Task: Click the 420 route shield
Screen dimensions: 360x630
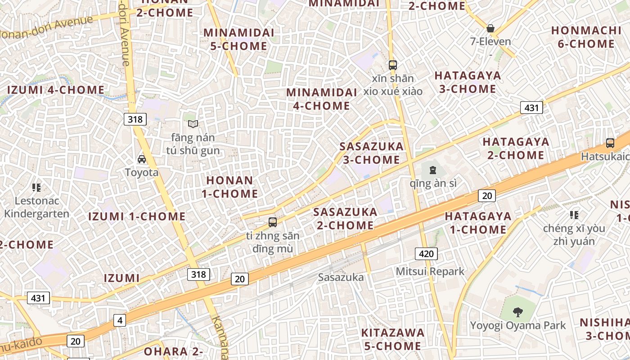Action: pos(426,254)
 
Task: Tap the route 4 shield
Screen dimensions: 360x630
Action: pos(119,320)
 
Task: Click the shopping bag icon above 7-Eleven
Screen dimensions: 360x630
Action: pos(490,28)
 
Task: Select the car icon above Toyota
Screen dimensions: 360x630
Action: pos(142,159)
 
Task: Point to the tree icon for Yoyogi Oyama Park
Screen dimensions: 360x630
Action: pos(518,312)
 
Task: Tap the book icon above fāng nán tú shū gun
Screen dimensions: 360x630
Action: pos(193,124)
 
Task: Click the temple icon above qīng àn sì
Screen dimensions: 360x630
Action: pos(432,170)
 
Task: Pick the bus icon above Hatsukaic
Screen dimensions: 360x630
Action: pos(610,143)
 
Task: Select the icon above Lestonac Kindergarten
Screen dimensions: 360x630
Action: pos(36,187)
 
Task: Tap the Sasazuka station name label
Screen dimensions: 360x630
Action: pos(341,277)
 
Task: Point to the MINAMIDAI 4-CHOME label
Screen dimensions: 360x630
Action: pos(318,99)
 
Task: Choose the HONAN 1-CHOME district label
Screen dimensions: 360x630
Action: pos(232,187)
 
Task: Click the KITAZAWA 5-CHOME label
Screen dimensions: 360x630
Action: pos(392,339)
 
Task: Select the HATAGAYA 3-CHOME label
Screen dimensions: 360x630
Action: pos(468,82)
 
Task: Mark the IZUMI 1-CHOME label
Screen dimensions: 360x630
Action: pos(137,216)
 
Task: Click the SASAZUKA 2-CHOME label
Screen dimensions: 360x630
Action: pos(345,218)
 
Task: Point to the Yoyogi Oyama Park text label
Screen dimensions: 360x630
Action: pos(518,325)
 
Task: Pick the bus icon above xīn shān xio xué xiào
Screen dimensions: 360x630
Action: pos(393,65)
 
